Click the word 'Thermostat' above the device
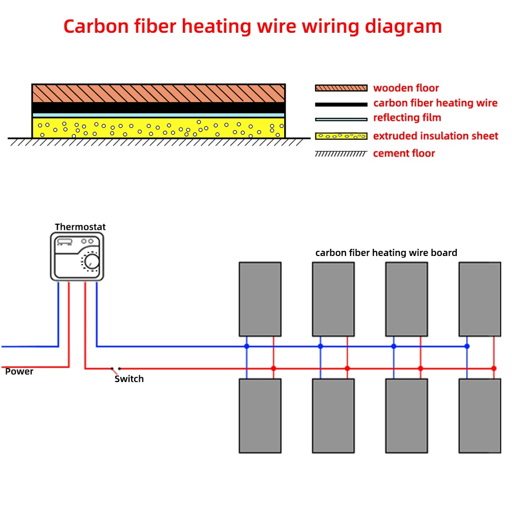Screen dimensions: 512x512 coord(80,227)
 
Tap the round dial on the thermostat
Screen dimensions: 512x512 coord(92,262)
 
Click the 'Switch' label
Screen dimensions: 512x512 coord(129,379)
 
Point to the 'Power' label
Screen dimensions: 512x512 coord(19,372)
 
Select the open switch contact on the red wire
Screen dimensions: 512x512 coord(116,369)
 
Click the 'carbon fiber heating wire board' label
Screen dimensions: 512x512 coord(386,253)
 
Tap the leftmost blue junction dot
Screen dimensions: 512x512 coord(247,347)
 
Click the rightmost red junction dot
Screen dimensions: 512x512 coord(494,368)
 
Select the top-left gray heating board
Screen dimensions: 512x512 coord(260,299)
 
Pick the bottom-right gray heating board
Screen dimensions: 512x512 coord(480,416)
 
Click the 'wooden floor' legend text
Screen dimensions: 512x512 coord(406,88)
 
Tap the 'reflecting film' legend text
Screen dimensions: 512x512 coord(407,118)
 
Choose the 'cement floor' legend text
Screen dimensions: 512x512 coord(404,153)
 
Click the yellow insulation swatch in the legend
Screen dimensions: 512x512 coord(341,136)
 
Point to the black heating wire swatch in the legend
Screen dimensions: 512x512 coord(341,104)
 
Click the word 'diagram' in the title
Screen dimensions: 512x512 coord(403,27)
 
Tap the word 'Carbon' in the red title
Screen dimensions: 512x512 coord(96,27)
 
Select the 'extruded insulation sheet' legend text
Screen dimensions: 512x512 coord(436,136)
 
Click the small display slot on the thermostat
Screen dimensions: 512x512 coord(65,242)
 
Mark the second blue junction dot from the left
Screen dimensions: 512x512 coord(321,347)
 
